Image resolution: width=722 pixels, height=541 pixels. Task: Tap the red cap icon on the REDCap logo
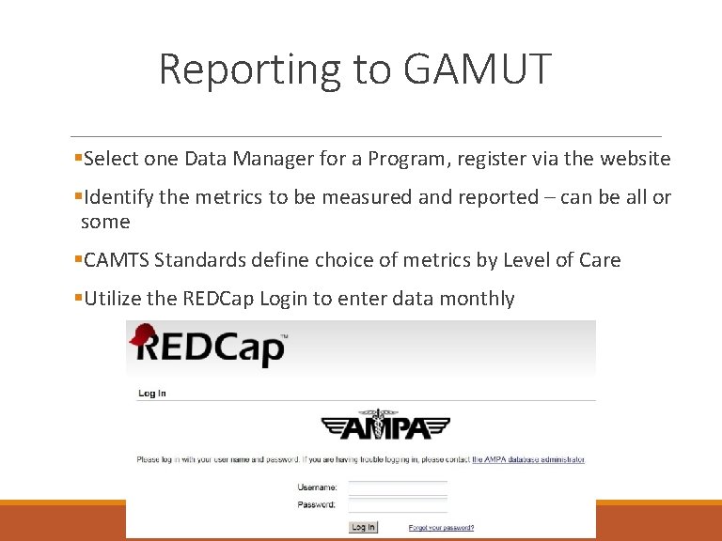click(144, 336)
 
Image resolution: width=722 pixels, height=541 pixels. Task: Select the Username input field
click(398, 487)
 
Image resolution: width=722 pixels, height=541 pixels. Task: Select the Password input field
click(398, 504)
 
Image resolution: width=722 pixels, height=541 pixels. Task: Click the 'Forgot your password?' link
click(441, 528)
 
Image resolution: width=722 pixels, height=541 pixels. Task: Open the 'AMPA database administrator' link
click(527, 460)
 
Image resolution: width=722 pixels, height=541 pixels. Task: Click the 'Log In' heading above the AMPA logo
click(152, 394)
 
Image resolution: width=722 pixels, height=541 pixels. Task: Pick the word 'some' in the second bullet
click(105, 223)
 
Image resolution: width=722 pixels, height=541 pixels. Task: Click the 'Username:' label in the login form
click(317, 487)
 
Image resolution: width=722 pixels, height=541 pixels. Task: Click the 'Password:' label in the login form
click(317, 504)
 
